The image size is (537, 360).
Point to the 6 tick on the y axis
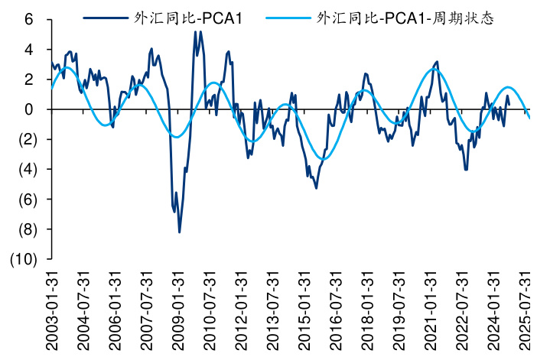29,19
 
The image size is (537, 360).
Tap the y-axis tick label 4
29,49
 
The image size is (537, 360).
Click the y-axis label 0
29,109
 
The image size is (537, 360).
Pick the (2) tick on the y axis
25,139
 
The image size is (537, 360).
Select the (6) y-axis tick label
25,199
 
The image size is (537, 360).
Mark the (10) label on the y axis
21,259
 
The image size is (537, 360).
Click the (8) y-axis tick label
25,229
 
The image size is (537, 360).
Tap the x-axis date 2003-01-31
51,310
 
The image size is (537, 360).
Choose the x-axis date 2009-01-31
177,310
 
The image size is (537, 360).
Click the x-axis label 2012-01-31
240,310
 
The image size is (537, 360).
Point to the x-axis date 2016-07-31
335,310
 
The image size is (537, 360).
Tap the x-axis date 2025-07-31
525,310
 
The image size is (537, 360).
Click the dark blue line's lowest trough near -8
180,232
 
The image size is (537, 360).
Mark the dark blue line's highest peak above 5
196,31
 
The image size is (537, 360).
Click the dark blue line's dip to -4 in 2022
466,169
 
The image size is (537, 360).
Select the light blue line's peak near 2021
434,69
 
